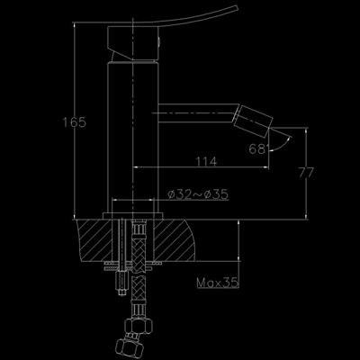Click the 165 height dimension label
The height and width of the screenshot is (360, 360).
74,122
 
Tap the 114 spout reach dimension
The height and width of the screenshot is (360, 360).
206,162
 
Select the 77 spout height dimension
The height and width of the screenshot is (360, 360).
306,173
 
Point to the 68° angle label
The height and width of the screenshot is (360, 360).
258,148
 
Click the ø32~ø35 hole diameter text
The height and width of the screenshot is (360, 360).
198,194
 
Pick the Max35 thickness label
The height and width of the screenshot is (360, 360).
218,283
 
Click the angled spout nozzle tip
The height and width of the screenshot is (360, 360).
253,121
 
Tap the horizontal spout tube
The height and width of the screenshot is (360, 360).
198,113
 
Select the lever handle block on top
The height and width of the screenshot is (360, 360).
132,43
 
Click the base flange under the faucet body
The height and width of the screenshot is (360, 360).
133,216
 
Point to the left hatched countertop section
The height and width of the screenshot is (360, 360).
94,240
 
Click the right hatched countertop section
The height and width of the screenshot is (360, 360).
175,240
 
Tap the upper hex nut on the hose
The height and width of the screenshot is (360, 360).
139,325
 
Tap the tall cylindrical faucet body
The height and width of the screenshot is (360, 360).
132,138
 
